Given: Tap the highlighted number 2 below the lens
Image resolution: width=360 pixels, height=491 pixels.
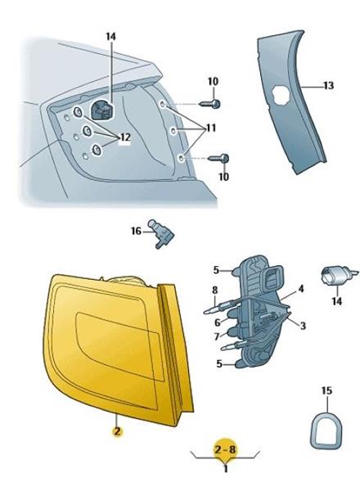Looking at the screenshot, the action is click(x=117, y=431).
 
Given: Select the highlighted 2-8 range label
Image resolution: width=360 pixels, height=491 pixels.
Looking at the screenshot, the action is click(x=225, y=449).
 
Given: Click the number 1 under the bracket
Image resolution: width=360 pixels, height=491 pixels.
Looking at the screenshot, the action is click(x=225, y=469).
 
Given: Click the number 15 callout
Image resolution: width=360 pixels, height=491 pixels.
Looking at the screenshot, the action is click(x=326, y=391).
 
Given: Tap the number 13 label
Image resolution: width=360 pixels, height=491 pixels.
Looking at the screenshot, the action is click(x=329, y=85).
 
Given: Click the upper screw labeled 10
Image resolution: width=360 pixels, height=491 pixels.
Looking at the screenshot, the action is click(x=209, y=103).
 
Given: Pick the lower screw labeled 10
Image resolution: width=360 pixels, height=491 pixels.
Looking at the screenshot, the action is click(x=218, y=159).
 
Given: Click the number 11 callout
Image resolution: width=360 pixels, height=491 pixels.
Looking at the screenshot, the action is click(x=209, y=128).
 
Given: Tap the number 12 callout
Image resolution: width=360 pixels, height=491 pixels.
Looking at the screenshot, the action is click(x=124, y=137).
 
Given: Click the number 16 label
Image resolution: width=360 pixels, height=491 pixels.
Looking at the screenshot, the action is click(x=136, y=232).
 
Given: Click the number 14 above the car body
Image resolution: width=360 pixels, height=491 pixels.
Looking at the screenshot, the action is click(x=110, y=36).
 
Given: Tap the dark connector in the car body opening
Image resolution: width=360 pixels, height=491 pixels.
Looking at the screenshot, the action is click(x=102, y=110).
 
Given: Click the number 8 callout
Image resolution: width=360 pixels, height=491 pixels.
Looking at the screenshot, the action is click(x=214, y=290).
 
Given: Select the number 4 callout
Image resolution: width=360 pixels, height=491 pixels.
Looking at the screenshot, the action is click(x=301, y=289).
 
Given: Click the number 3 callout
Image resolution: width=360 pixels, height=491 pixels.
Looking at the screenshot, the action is click(x=303, y=326).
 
